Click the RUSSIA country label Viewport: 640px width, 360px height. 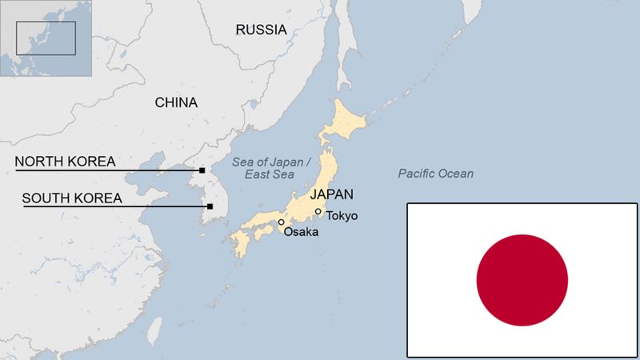tap(260, 30)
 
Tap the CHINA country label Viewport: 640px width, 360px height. tap(176, 102)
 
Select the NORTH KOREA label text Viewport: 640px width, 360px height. tap(66, 162)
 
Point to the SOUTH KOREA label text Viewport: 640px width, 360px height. tap(72, 198)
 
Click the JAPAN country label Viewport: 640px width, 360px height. tap(331, 194)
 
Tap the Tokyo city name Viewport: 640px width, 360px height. tap(342, 216)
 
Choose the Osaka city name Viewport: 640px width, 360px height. tap(301, 232)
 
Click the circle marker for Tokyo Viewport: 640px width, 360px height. tap(318, 212)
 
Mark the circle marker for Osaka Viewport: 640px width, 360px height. tap(281, 222)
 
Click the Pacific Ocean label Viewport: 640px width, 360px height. tap(435, 174)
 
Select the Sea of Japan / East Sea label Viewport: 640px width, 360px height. tap(268, 167)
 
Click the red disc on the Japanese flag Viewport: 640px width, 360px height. tap(522, 281)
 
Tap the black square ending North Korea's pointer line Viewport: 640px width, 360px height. tap(202, 170)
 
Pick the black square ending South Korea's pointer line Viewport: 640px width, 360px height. tap(210, 206)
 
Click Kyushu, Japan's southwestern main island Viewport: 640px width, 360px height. tap(239, 243)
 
